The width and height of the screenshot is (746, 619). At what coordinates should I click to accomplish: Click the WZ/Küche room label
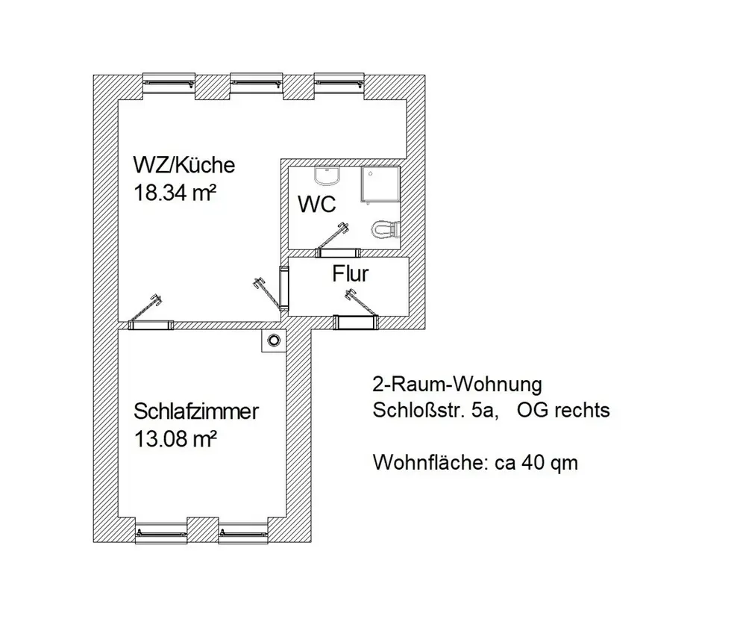184,164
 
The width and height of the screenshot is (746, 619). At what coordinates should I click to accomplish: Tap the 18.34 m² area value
175,193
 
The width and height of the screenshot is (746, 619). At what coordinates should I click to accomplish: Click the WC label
317,204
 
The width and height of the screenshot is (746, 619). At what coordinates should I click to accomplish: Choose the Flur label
350,274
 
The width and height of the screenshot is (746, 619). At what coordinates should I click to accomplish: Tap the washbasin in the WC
327,176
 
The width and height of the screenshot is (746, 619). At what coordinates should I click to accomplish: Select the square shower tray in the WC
380,184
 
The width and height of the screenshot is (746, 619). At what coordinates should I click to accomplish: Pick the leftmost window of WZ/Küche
169,83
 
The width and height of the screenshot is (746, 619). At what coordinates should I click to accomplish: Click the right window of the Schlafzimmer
242,533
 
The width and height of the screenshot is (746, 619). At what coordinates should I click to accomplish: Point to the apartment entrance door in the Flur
355,321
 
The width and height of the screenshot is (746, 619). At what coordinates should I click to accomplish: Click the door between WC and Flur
335,251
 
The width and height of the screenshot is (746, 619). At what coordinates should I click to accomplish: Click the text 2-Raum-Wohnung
456,385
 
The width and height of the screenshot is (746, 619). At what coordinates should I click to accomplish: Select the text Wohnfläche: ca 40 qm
475,463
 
